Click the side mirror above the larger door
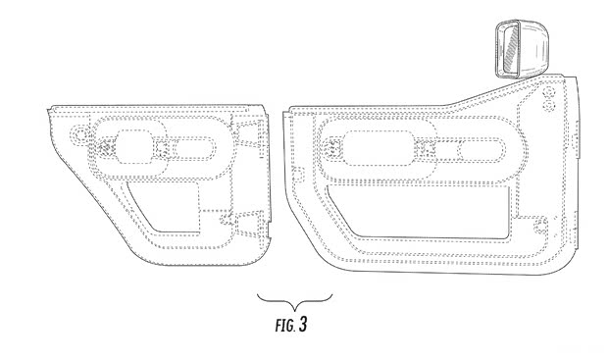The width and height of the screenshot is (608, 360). click(x=522, y=48)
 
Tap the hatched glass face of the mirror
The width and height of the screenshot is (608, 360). click(x=508, y=48)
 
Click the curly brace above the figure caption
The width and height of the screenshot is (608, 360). click(x=295, y=301)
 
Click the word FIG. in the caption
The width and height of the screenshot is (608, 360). click(x=285, y=325)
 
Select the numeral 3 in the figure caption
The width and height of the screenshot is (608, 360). click(x=303, y=325)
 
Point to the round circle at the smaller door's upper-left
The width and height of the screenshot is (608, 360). click(x=80, y=134)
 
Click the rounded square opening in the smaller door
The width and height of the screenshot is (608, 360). click(x=134, y=146)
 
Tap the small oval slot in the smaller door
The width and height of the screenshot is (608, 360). click(x=194, y=150)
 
